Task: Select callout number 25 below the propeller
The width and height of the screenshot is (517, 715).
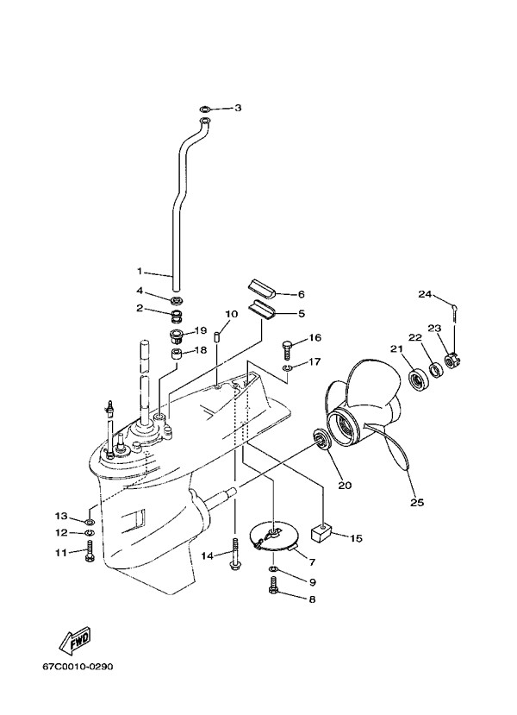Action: coord(417,503)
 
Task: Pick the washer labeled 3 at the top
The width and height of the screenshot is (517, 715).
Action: coord(205,110)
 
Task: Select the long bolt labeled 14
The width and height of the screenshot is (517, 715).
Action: coord(235,554)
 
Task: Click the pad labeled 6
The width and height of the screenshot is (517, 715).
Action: coord(261,290)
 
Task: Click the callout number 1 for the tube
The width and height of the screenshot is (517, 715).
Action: coord(140,272)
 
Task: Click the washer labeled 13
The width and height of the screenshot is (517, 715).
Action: coord(90,520)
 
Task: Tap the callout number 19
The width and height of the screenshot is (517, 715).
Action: coord(201,330)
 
